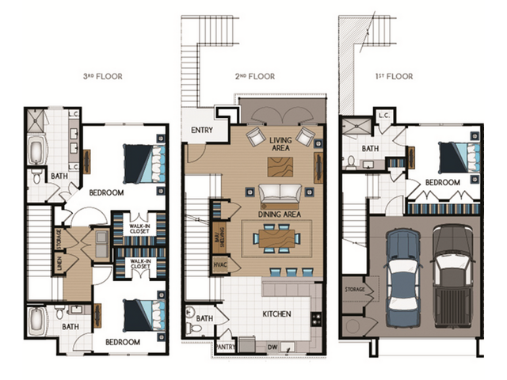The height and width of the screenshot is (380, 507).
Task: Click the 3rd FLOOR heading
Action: point(103,77)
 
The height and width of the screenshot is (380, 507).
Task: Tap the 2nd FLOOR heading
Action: point(256,77)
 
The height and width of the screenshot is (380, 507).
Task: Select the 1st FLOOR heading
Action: point(394,77)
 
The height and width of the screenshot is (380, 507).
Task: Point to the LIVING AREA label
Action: point(280,144)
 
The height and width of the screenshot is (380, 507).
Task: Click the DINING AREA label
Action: point(280,213)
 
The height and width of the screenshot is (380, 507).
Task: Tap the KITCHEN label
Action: point(277,314)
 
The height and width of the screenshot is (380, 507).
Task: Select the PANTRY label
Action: point(225,346)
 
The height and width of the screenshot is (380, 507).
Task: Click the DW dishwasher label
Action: point(272,347)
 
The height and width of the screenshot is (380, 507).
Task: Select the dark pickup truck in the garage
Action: point(453,273)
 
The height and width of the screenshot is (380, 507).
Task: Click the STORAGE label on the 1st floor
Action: point(355,290)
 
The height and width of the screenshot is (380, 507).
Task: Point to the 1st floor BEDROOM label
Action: point(442,183)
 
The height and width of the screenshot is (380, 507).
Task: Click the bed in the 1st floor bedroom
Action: point(455,156)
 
